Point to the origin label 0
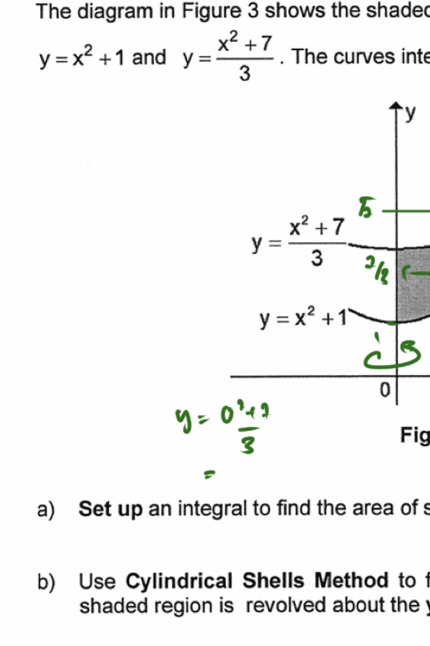pos(386,390)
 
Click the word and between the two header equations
pos(149,58)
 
